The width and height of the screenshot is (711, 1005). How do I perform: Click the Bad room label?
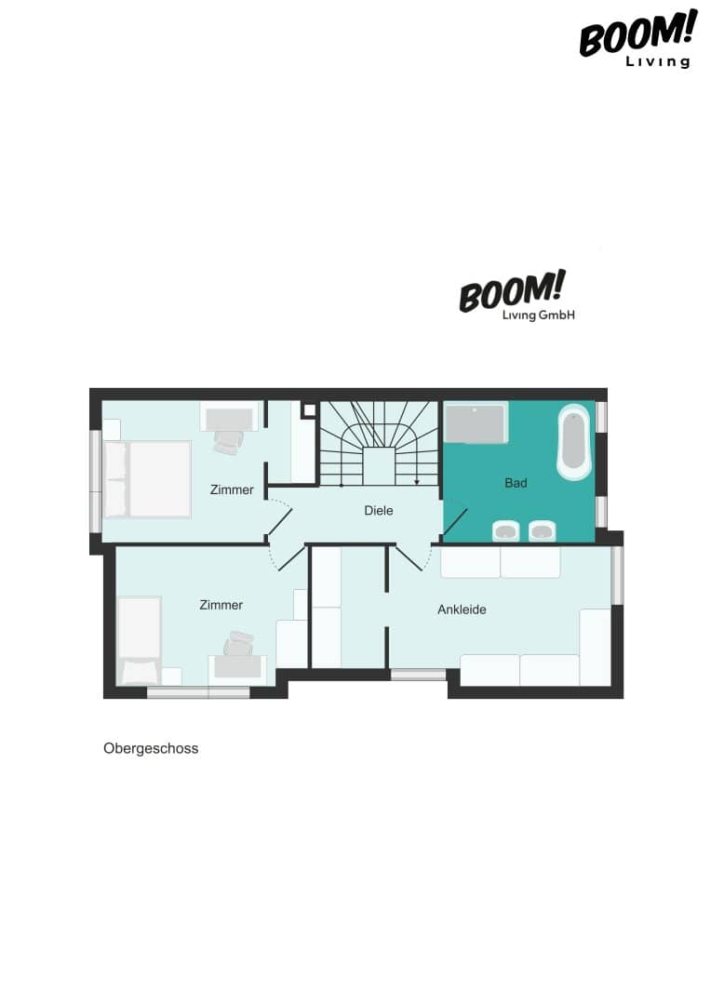pos(516,483)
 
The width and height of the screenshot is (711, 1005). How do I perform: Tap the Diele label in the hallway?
pos(378,510)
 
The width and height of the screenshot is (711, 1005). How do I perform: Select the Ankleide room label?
pos(462,610)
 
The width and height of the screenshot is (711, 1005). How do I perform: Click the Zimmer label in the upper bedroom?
pos(232,489)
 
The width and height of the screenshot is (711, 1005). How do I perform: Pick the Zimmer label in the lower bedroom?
pos(221,605)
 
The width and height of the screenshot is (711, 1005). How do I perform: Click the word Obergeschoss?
pos(151,748)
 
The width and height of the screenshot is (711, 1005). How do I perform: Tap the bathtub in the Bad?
pos(573,442)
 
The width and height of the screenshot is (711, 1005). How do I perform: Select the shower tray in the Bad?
pos(476,423)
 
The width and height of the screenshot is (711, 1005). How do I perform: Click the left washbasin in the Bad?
pos(506,530)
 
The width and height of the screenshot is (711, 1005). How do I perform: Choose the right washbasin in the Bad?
pos(543,530)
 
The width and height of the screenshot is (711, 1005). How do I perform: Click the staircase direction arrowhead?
pos(417,482)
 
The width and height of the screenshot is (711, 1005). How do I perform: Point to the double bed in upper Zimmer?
pos(147,479)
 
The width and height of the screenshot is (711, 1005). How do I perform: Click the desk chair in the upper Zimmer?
pos(229,442)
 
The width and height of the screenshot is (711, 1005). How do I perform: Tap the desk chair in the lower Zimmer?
pos(238,644)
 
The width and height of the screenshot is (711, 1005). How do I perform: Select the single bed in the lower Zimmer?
pos(139,640)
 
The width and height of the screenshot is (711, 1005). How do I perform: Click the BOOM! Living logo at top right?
pos(637,38)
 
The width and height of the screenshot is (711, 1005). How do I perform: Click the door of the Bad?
pos(455,522)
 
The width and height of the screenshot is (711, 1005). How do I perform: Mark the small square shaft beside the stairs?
pos(309,409)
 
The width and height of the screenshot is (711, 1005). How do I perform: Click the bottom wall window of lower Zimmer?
pos(198,692)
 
